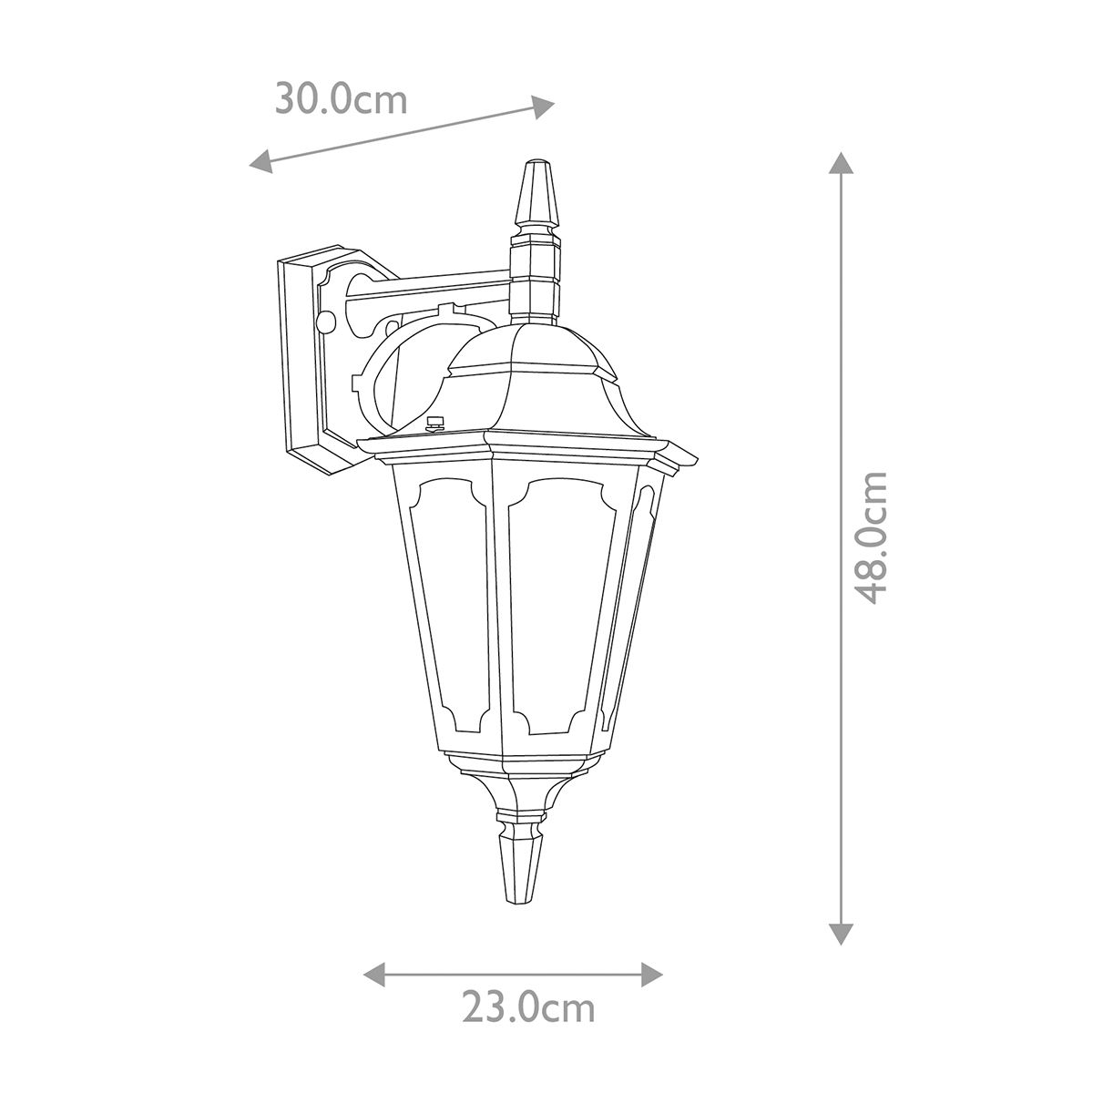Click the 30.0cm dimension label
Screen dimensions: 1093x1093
342,99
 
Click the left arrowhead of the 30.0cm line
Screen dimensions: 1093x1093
260,162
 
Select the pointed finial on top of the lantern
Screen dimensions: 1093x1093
535,196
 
